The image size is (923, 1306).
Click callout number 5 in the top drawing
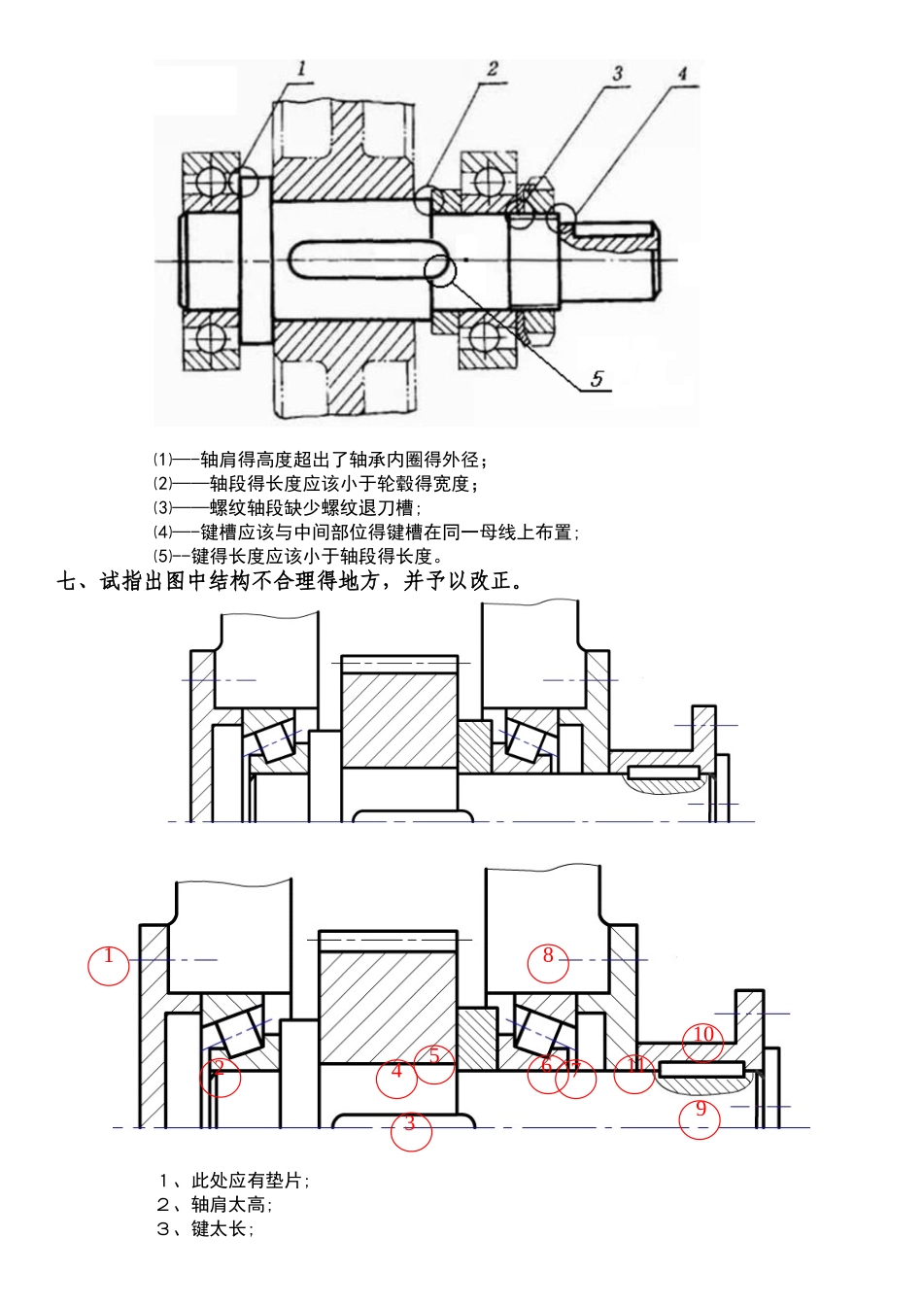597,378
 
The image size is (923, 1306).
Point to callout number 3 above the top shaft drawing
617,74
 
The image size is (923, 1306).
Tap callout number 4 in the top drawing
682,74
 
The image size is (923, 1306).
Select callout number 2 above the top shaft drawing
493,69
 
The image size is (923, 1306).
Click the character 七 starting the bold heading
66,582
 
